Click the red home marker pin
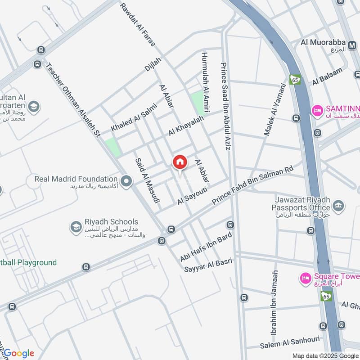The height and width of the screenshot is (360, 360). (180, 162)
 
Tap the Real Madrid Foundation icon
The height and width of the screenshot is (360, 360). (126, 181)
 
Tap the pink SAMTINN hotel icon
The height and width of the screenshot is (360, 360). (318, 110)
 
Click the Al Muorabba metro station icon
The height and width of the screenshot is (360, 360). (353, 43)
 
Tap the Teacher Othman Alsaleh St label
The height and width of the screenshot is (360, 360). (72, 99)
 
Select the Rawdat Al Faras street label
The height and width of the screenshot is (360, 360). (137, 25)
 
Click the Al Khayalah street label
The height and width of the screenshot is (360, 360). (186, 126)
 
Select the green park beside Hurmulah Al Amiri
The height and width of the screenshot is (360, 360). (197, 102)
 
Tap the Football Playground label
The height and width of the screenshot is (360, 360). (28, 262)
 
